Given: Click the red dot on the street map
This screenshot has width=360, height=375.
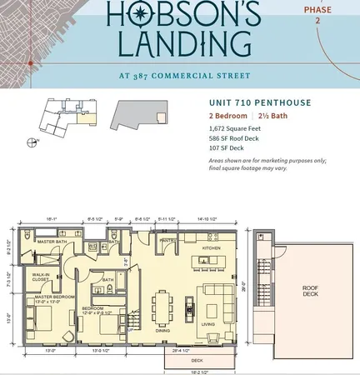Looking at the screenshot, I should (30, 63).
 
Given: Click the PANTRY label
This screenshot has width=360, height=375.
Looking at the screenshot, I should (166, 241).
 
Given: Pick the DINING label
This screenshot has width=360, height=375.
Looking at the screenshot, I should (163, 330).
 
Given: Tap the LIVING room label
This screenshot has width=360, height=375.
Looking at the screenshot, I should (208, 325).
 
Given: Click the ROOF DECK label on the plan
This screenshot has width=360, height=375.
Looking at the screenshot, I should (309, 292).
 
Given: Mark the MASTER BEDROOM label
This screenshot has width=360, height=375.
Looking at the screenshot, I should (42, 298).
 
